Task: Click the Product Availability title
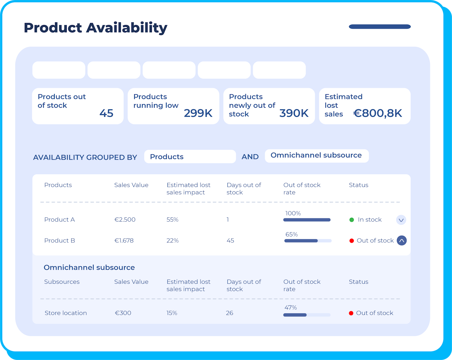[x=95, y=28]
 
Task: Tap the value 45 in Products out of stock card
[x=106, y=113]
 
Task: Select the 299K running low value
[x=198, y=113]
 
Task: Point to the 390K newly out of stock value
[x=294, y=113]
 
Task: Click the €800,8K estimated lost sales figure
[x=377, y=113]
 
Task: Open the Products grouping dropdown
[x=190, y=157]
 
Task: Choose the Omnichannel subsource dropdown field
[x=316, y=156]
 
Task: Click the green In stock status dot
[x=352, y=220]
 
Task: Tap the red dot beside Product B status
[x=352, y=241]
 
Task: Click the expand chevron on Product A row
[x=401, y=220]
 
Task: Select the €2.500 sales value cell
[x=125, y=220]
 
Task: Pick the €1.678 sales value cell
[x=124, y=241]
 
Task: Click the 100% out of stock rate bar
[x=307, y=220]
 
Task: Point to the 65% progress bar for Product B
[x=308, y=241]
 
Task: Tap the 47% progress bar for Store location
[x=307, y=315]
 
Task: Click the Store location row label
[x=66, y=313]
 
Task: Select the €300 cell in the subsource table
[x=123, y=313]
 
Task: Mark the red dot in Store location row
[x=351, y=313]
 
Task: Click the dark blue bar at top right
[x=380, y=26]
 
